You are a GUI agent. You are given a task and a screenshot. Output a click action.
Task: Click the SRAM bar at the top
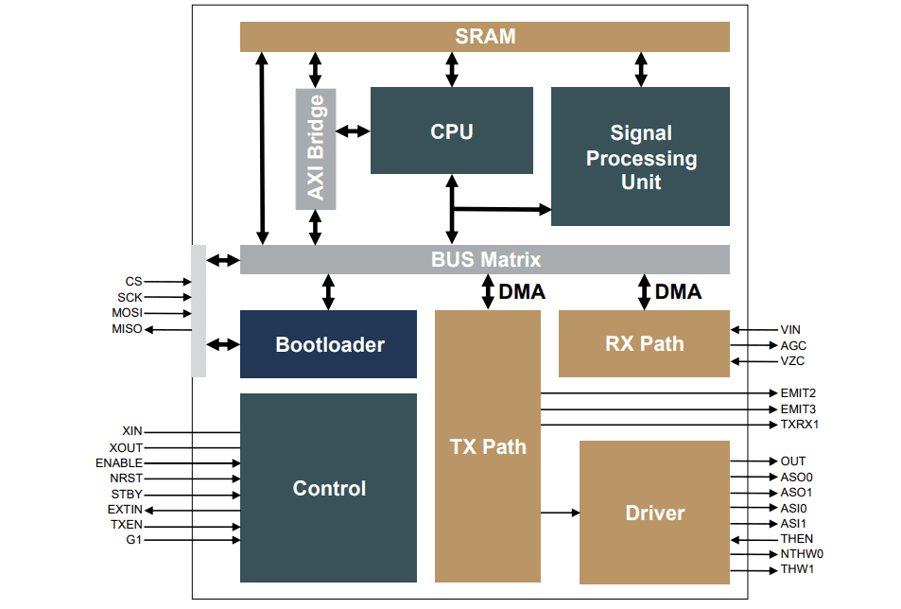(x=485, y=37)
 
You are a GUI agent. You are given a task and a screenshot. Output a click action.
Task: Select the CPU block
(x=451, y=130)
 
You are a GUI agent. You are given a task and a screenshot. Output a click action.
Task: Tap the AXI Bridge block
(x=315, y=148)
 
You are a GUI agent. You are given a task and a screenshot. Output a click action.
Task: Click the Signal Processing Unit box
(x=640, y=157)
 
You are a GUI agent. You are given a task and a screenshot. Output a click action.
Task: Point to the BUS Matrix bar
(x=485, y=259)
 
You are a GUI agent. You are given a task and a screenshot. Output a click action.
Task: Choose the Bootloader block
(x=328, y=344)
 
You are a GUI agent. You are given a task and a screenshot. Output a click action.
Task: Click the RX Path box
(x=644, y=343)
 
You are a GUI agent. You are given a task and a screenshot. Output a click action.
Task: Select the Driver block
(x=654, y=513)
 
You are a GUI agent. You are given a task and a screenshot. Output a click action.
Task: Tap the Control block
(x=328, y=488)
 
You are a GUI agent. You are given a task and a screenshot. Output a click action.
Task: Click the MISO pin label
(x=126, y=329)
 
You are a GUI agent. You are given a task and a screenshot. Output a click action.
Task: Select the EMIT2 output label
(x=798, y=393)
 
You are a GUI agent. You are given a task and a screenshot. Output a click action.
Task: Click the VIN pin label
(x=790, y=330)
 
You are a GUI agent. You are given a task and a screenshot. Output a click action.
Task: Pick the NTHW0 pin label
(x=802, y=554)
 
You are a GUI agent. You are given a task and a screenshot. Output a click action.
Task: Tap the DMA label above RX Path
(x=678, y=292)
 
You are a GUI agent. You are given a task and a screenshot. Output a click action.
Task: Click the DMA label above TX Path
(x=522, y=292)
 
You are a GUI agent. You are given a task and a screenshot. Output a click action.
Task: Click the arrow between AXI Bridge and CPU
(x=353, y=130)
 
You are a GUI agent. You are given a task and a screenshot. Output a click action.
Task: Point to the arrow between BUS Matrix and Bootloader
(x=328, y=292)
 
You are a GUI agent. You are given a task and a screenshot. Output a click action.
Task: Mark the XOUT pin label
(x=126, y=447)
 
